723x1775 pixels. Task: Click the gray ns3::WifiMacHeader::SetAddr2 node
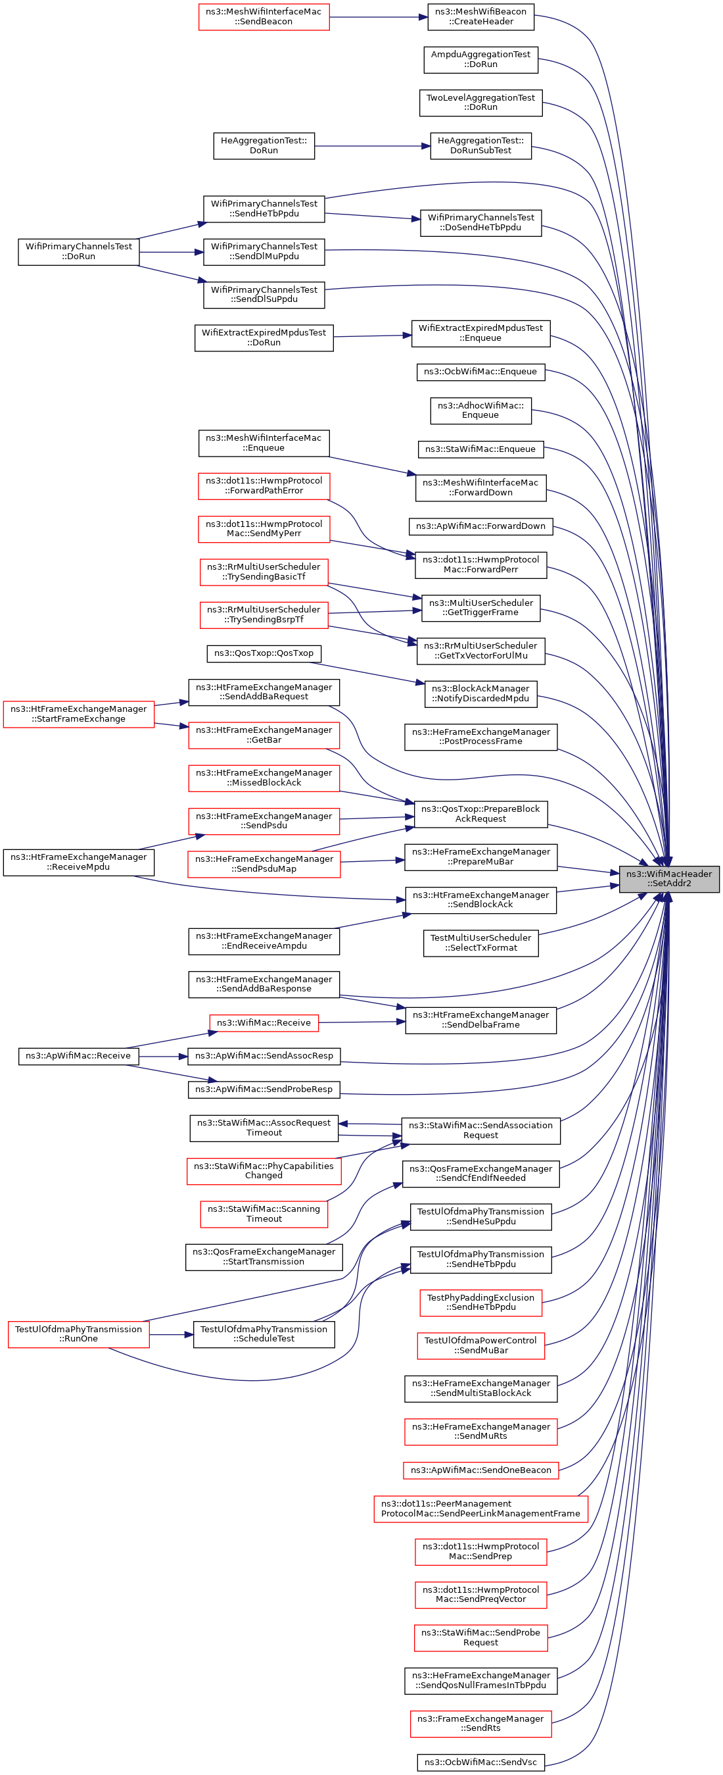point(668,878)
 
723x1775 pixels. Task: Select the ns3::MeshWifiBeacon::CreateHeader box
point(480,16)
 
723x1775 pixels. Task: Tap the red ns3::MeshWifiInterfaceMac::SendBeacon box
point(264,16)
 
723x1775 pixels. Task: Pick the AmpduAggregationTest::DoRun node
point(480,59)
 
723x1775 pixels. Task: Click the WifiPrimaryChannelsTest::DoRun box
point(78,251)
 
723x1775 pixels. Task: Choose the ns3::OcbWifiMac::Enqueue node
point(480,372)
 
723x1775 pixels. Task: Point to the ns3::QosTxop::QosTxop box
point(264,653)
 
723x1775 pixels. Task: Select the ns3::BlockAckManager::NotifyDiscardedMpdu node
point(480,694)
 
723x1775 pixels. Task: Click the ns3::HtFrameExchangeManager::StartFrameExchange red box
point(78,714)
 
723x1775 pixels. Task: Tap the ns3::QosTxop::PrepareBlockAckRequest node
point(480,814)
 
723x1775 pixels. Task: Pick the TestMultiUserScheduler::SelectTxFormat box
point(480,943)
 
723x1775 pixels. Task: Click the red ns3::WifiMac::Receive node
point(264,1022)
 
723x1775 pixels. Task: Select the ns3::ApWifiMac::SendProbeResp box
point(264,1089)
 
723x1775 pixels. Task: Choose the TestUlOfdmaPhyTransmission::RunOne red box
point(78,1334)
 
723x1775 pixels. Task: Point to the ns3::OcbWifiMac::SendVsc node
point(480,1762)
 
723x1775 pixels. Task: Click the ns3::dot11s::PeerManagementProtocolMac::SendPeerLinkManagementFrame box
point(480,1509)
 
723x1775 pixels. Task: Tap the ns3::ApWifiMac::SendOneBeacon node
point(480,1470)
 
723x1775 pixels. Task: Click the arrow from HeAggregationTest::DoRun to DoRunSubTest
point(373,146)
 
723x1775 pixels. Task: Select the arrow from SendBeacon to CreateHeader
point(378,17)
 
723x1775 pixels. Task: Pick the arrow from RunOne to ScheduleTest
point(172,1335)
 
